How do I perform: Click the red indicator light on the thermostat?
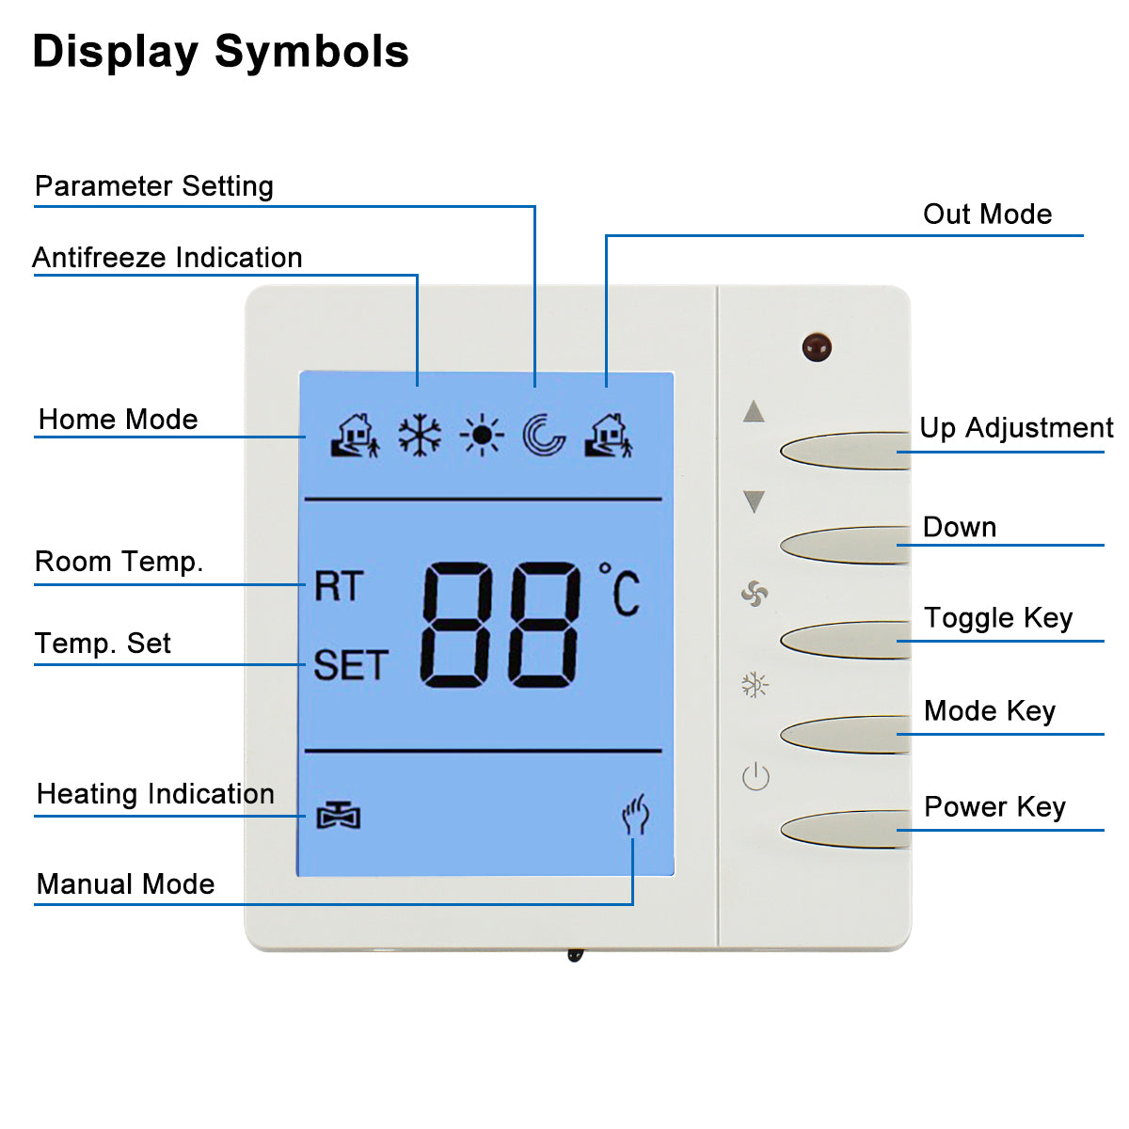coord(817,347)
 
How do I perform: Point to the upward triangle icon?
coord(754,412)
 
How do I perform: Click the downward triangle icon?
coord(754,501)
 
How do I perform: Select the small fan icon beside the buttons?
coord(755,594)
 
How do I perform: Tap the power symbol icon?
coord(755,777)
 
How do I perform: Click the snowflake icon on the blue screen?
coord(420,436)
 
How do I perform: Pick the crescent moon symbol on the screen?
coord(544,436)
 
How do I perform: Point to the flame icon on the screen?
coord(636,815)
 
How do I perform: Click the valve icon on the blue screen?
coord(338,816)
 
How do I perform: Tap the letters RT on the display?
coord(338,587)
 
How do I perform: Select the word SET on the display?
coord(350,666)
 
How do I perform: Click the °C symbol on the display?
coord(621,591)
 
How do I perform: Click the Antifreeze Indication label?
coord(167,258)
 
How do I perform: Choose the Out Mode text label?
coord(987,215)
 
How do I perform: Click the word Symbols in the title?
coord(312,52)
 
